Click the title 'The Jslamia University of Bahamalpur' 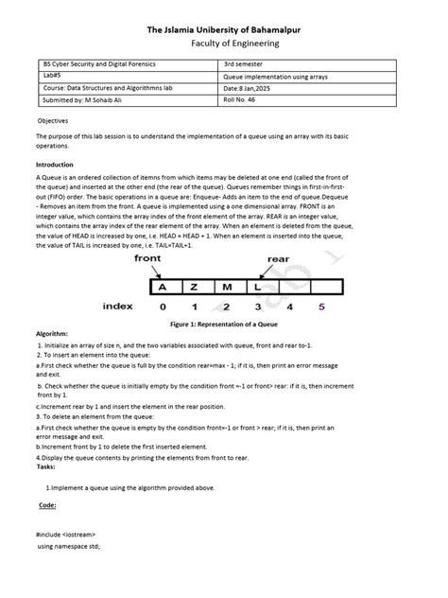[x=224, y=28]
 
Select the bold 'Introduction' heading [x=54, y=165]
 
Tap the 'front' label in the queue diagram [x=147, y=257]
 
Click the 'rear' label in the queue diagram [x=278, y=258]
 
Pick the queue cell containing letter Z [x=195, y=284]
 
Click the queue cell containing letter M [x=227, y=284]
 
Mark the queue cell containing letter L [x=257, y=284]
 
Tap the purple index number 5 [x=321, y=307]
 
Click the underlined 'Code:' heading [x=47, y=506]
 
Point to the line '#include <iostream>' [x=66, y=535]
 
